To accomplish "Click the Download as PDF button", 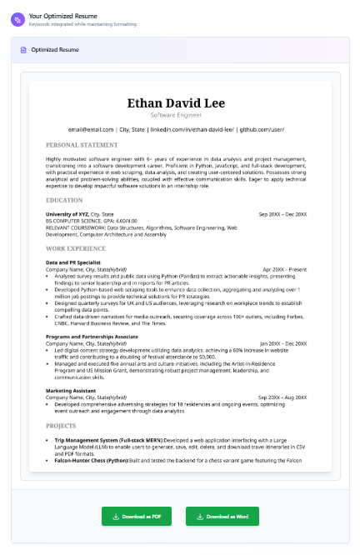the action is pos(137,516).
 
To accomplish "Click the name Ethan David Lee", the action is pos(180,102).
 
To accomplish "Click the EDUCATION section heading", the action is pos(64,200).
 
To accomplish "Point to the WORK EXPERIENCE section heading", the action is pos(76,248).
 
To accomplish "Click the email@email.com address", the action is pos(91,129).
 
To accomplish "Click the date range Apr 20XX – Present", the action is pos(284,269).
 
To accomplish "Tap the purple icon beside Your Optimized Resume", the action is pos(18,19).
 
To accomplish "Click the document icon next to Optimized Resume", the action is pos(23,50).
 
